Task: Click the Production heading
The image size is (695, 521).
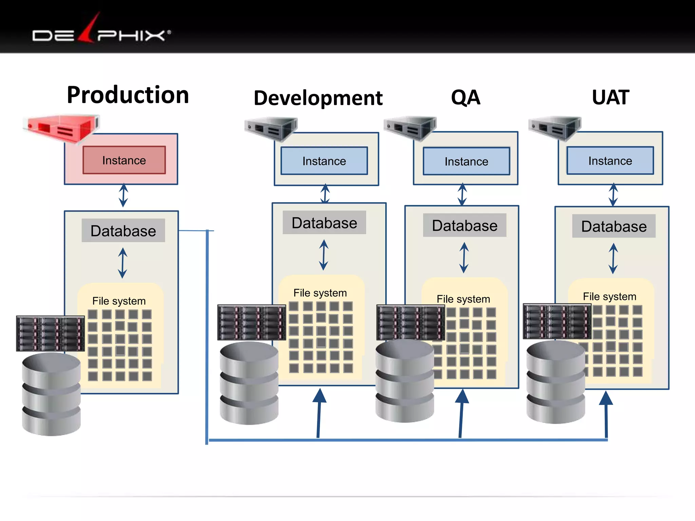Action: [x=128, y=95]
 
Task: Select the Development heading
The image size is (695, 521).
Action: [x=318, y=98]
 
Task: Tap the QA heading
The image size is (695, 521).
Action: [x=465, y=98]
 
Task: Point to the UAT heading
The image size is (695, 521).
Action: [x=610, y=98]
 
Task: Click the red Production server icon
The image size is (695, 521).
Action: [x=61, y=128]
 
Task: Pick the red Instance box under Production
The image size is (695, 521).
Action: [x=124, y=160]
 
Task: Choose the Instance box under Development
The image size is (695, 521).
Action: [x=324, y=161]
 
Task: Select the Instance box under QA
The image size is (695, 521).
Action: [x=466, y=161]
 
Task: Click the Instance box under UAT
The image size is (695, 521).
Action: [x=610, y=161]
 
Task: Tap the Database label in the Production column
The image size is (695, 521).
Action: [x=123, y=231]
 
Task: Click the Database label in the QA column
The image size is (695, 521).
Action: [x=465, y=226]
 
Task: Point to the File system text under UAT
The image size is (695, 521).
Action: [x=609, y=296]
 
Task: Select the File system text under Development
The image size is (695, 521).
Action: [x=320, y=293]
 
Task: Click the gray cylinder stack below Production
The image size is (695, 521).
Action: [x=51, y=394]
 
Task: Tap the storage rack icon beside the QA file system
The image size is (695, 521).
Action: [x=411, y=323]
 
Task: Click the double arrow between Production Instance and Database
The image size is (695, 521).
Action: [x=123, y=195]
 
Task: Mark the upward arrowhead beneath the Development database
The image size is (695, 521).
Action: [x=319, y=396]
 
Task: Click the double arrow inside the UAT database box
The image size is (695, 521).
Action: [x=613, y=258]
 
